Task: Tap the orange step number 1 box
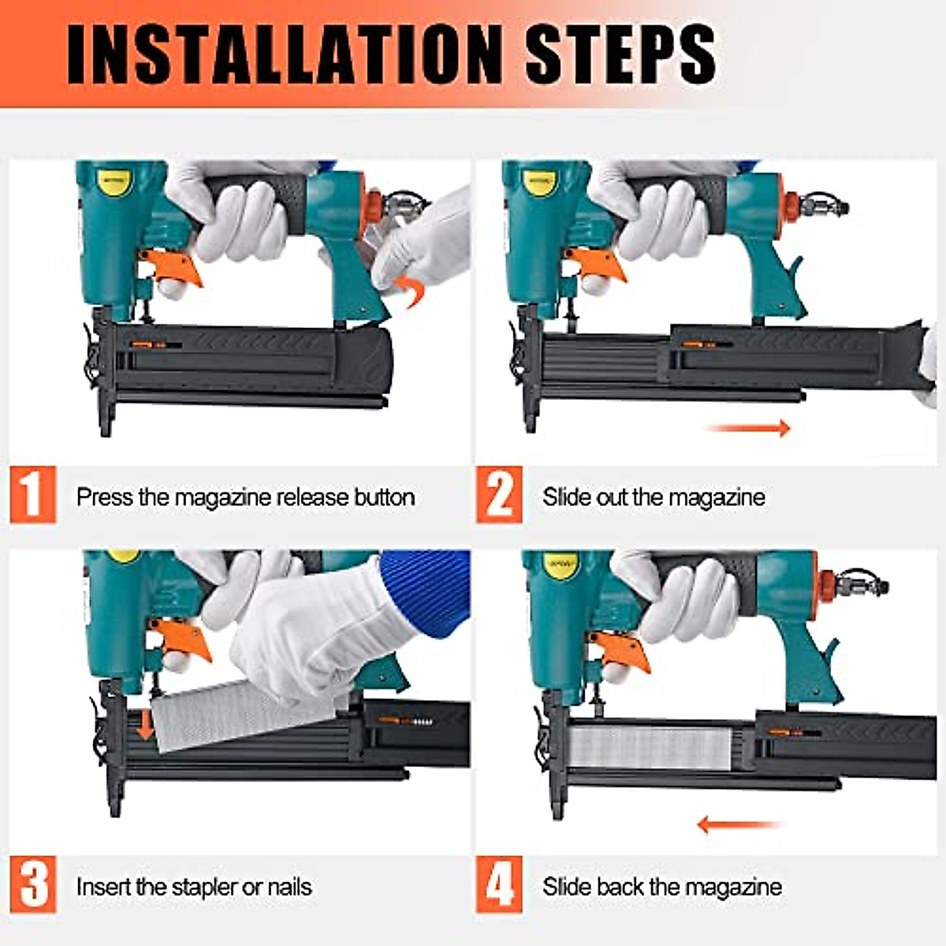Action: click(x=33, y=494)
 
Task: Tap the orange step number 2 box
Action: click(x=499, y=494)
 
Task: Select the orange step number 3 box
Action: click(x=33, y=885)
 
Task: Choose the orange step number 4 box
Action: click(x=499, y=885)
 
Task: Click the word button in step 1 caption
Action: click(x=384, y=497)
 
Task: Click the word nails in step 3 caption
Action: click(x=289, y=887)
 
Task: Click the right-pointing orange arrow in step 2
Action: click(x=749, y=428)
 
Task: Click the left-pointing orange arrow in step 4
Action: click(x=737, y=825)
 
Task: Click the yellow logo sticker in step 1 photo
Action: click(x=117, y=183)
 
